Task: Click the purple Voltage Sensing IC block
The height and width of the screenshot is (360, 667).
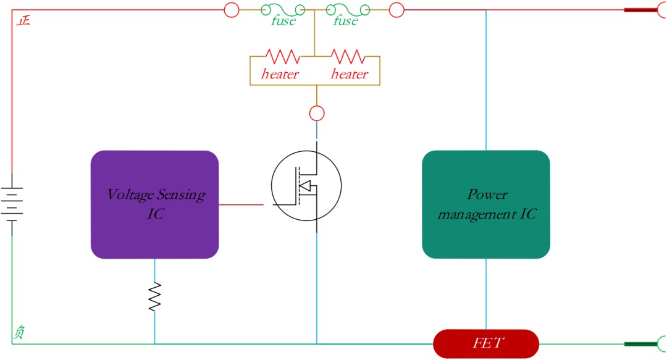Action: pos(155,204)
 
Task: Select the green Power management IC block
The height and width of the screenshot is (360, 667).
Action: pos(486,204)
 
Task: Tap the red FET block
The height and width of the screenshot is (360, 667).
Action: pos(486,343)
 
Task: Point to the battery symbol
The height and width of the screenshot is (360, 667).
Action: pos(12,204)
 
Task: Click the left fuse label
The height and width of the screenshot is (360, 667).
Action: pos(283,20)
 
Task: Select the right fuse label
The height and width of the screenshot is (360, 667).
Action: pos(345,20)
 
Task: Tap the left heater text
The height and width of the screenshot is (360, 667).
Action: pos(280,74)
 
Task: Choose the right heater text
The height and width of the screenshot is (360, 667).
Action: pos(349,74)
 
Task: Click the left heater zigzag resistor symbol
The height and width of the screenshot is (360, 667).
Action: pos(282,56)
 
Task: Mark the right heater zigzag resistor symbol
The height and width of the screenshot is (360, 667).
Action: pos(348,56)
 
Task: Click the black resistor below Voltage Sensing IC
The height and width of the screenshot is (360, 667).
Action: pos(155,296)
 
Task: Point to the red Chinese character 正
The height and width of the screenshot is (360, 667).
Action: pos(23,20)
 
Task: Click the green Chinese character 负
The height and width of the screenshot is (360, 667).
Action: pos(19,332)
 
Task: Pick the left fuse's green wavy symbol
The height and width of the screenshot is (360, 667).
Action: pos(283,9)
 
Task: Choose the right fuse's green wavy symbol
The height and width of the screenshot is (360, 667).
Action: pos(348,9)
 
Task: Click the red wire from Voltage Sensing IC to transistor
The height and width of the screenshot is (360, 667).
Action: pos(241,204)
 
